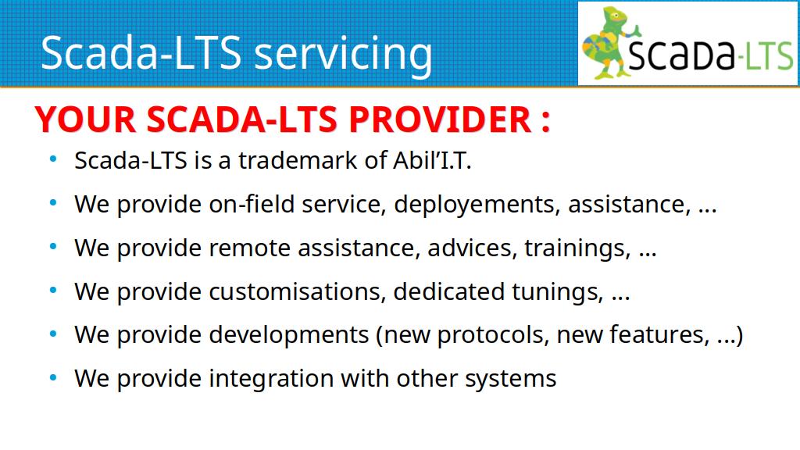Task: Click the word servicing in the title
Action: pyautogui.click(x=343, y=54)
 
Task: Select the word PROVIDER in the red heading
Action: pyautogui.click(x=440, y=120)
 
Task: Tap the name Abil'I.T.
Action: pyautogui.click(x=432, y=160)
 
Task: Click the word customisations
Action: pyautogui.click(x=295, y=292)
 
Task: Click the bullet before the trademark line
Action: pyautogui.click(x=53, y=159)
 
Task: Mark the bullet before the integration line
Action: pyautogui.click(x=53, y=378)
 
